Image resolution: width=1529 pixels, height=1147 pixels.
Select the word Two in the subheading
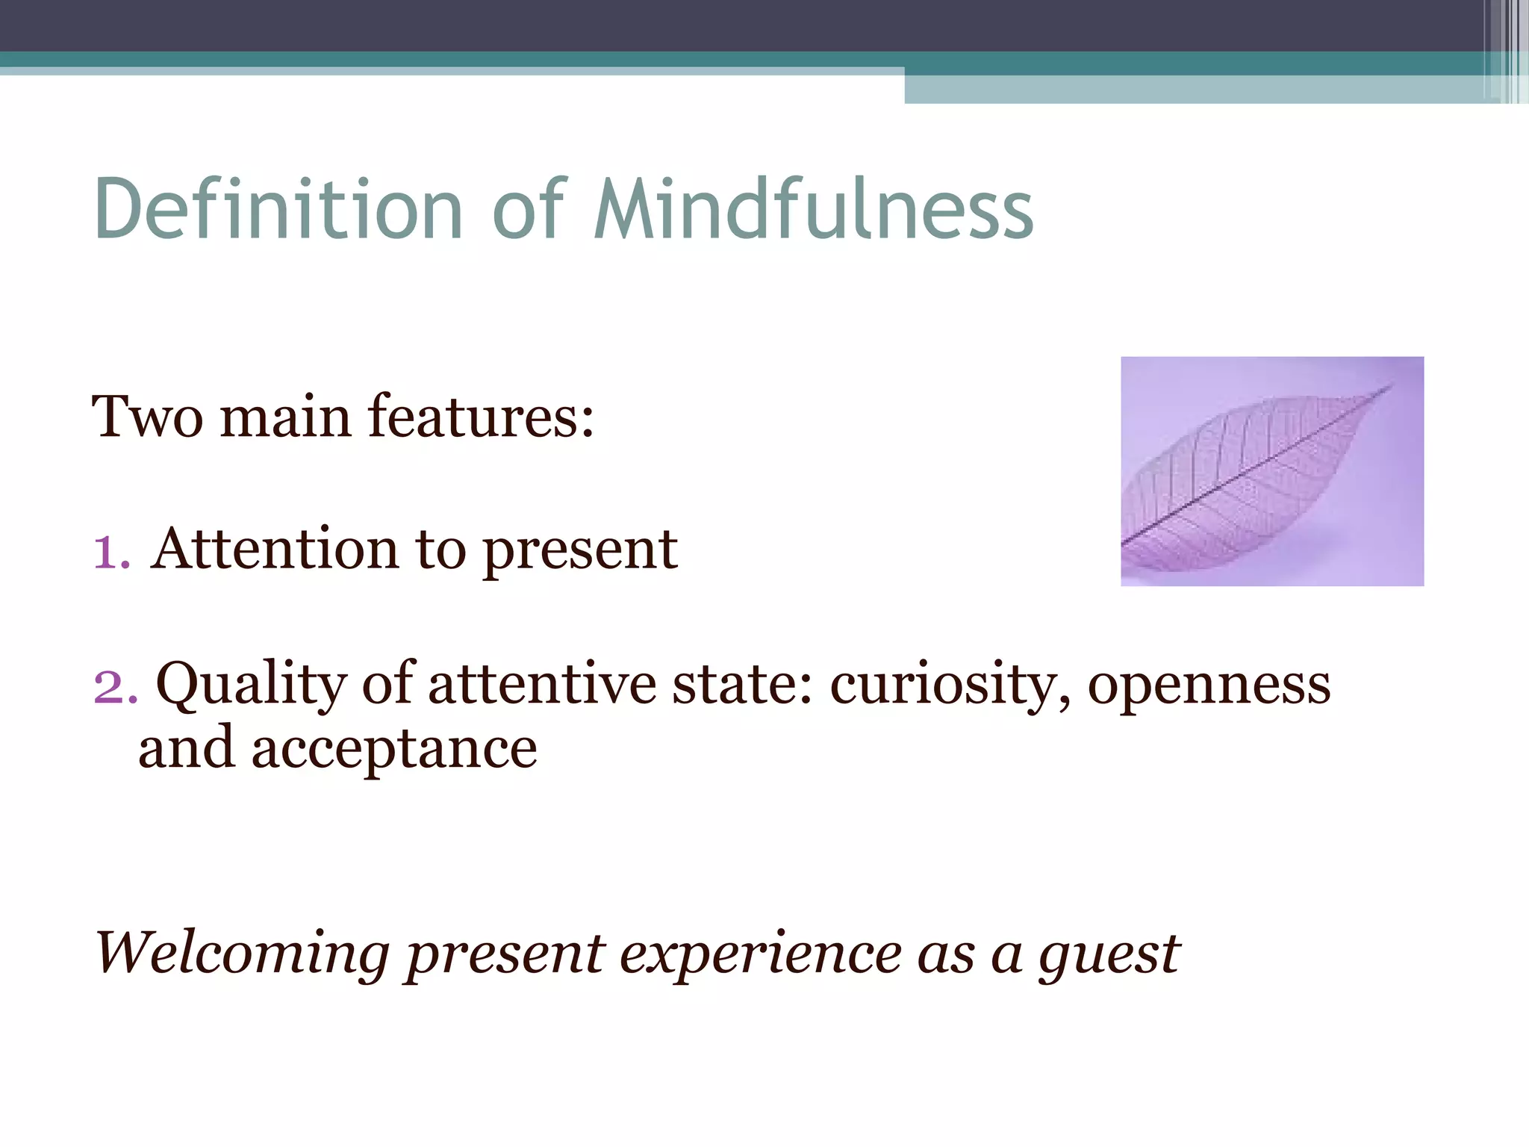click(147, 417)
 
